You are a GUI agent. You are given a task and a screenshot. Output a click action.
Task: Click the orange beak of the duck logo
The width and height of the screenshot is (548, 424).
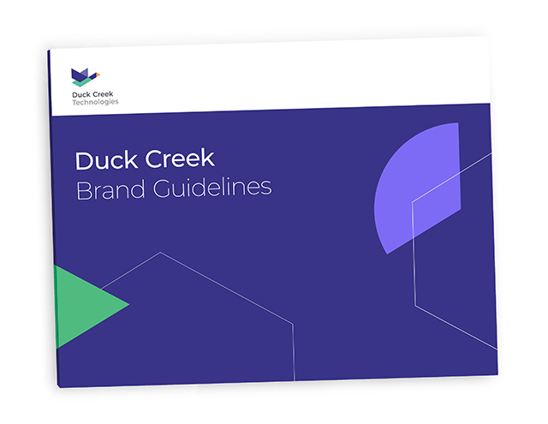point(98,75)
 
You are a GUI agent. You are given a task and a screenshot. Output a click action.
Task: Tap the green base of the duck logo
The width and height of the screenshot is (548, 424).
point(82,82)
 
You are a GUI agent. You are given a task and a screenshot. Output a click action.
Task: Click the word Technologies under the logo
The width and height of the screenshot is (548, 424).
point(95,102)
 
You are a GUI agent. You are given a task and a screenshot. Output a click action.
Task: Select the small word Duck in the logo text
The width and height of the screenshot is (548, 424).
point(81,94)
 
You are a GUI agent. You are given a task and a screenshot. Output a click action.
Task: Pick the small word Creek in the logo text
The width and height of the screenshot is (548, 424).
point(103,94)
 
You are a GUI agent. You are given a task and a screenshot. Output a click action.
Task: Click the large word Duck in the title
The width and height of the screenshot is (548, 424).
point(106,160)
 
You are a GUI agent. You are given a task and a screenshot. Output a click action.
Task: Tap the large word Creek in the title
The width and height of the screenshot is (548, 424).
point(180,158)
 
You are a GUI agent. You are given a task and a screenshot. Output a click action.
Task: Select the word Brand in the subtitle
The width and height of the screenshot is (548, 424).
point(110,190)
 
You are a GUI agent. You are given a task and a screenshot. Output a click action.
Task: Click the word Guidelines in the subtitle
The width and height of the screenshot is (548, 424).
point(212,188)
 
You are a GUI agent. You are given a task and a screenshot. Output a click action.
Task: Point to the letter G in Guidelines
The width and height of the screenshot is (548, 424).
point(163,188)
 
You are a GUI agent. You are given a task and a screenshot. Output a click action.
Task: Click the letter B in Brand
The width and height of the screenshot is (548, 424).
point(84,191)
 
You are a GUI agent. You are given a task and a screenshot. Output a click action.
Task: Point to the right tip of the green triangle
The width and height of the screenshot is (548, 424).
point(129,304)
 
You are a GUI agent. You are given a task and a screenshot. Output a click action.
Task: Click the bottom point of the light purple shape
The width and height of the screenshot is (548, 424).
point(387,254)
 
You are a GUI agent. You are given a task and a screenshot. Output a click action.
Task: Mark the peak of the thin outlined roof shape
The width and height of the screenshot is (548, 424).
point(160,253)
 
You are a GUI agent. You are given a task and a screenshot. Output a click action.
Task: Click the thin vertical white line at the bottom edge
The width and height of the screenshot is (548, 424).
point(294,352)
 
